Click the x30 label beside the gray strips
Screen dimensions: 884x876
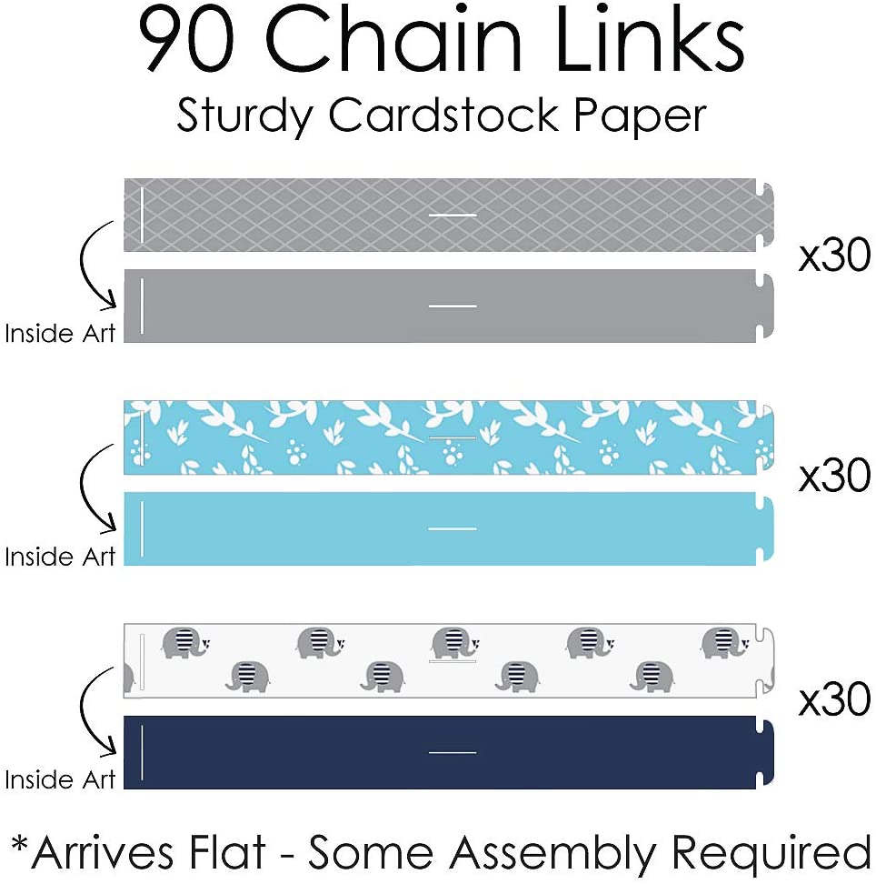click(x=834, y=257)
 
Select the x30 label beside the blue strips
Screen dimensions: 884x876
click(x=834, y=477)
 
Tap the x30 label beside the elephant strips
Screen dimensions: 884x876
click(x=834, y=699)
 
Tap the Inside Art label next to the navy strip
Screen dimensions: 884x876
click(x=60, y=779)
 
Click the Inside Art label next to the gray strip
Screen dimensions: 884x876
click(x=60, y=334)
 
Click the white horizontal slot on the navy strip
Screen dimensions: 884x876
click(x=452, y=752)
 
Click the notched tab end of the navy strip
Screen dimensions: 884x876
click(x=765, y=752)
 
